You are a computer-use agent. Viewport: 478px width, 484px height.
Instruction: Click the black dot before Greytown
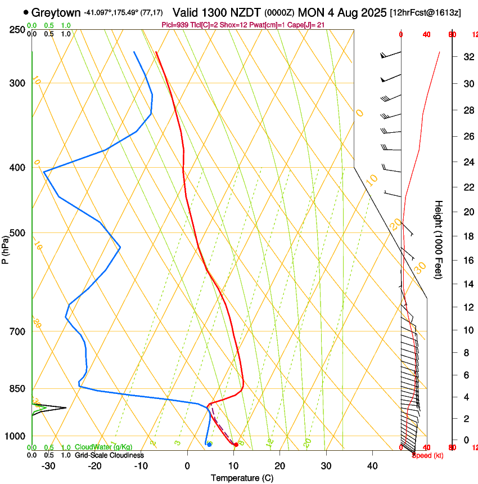click(x=26, y=12)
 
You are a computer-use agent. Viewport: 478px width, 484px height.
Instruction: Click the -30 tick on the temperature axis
click(x=49, y=465)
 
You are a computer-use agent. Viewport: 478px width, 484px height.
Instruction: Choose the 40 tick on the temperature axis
click(x=372, y=465)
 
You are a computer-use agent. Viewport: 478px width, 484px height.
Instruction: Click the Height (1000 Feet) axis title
click(x=439, y=239)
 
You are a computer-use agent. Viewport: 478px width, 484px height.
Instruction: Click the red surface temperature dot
click(x=236, y=445)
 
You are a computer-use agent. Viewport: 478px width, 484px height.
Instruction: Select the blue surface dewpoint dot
click(x=209, y=444)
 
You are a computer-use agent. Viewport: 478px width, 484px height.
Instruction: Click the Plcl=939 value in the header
click(x=174, y=25)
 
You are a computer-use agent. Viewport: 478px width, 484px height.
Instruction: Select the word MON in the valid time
click(x=312, y=12)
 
